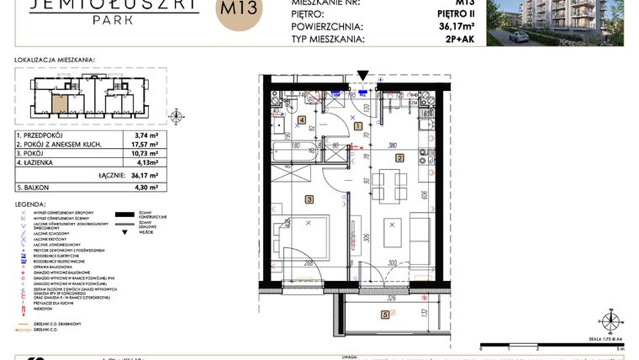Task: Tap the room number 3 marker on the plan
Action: point(309,199)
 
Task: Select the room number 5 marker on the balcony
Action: point(385,315)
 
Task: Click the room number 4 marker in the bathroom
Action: point(301,120)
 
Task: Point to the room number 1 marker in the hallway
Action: point(359,126)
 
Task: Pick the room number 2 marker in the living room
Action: point(399,157)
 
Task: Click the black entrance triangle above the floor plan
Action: point(362,76)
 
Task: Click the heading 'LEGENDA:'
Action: point(32,204)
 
